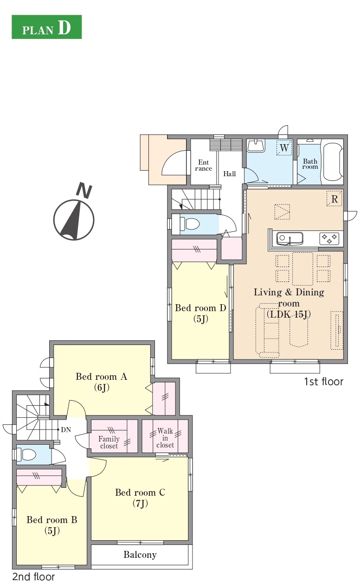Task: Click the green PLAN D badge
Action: coord(47,27)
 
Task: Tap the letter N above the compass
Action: coord(84,191)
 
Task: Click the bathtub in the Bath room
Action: coord(333,162)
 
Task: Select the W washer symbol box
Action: coord(284,147)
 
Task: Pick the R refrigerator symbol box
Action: coord(334,199)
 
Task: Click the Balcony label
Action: coord(140,555)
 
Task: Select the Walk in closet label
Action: coord(165,438)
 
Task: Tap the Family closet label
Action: coord(109,442)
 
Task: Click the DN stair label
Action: coord(66,430)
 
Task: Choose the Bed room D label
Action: coord(200,313)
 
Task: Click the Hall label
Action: coord(230,174)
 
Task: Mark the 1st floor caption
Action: coord(323,382)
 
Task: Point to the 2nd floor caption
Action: coord(33,577)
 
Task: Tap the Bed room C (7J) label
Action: coord(140,498)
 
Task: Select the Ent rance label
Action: coord(204,166)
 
